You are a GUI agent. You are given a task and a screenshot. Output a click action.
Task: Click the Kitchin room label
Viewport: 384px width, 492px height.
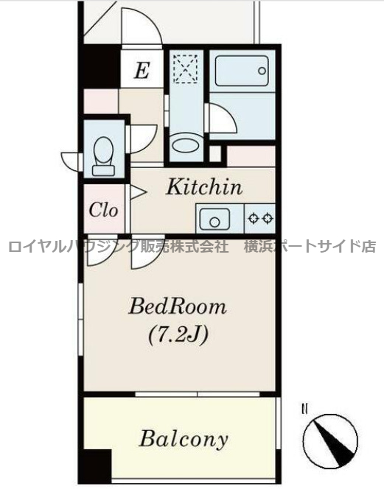[203, 187]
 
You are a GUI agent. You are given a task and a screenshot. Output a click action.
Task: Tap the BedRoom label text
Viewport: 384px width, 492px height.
[178, 306]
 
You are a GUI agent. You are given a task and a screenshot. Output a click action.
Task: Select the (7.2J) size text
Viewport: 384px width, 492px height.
[178, 335]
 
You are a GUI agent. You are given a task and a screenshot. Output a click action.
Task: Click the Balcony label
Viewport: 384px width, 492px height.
[184, 440]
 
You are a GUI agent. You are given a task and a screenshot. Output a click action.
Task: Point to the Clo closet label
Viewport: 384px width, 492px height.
[104, 209]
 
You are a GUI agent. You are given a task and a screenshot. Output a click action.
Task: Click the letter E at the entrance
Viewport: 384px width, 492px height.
[142, 71]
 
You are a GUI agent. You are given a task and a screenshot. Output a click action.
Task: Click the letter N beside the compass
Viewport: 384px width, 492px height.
[304, 408]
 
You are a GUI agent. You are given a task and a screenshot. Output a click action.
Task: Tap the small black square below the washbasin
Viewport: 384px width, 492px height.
[214, 154]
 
